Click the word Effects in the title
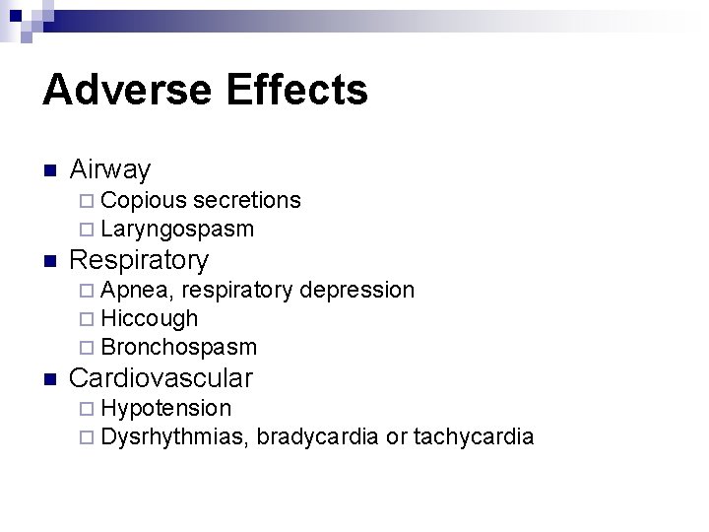coord(296,90)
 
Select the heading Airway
coord(109,170)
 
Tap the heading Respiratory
coord(139,260)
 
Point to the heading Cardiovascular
coord(161,378)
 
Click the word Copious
coord(144,201)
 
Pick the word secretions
coord(247,200)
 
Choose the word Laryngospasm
coord(177,231)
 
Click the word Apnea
coord(137,291)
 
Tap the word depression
coord(356,290)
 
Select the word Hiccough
coord(150,319)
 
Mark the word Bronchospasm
coord(178,348)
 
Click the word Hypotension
coord(166,408)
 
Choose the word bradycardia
coord(317,436)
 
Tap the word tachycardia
coord(474,436)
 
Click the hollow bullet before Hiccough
coord(89,319)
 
